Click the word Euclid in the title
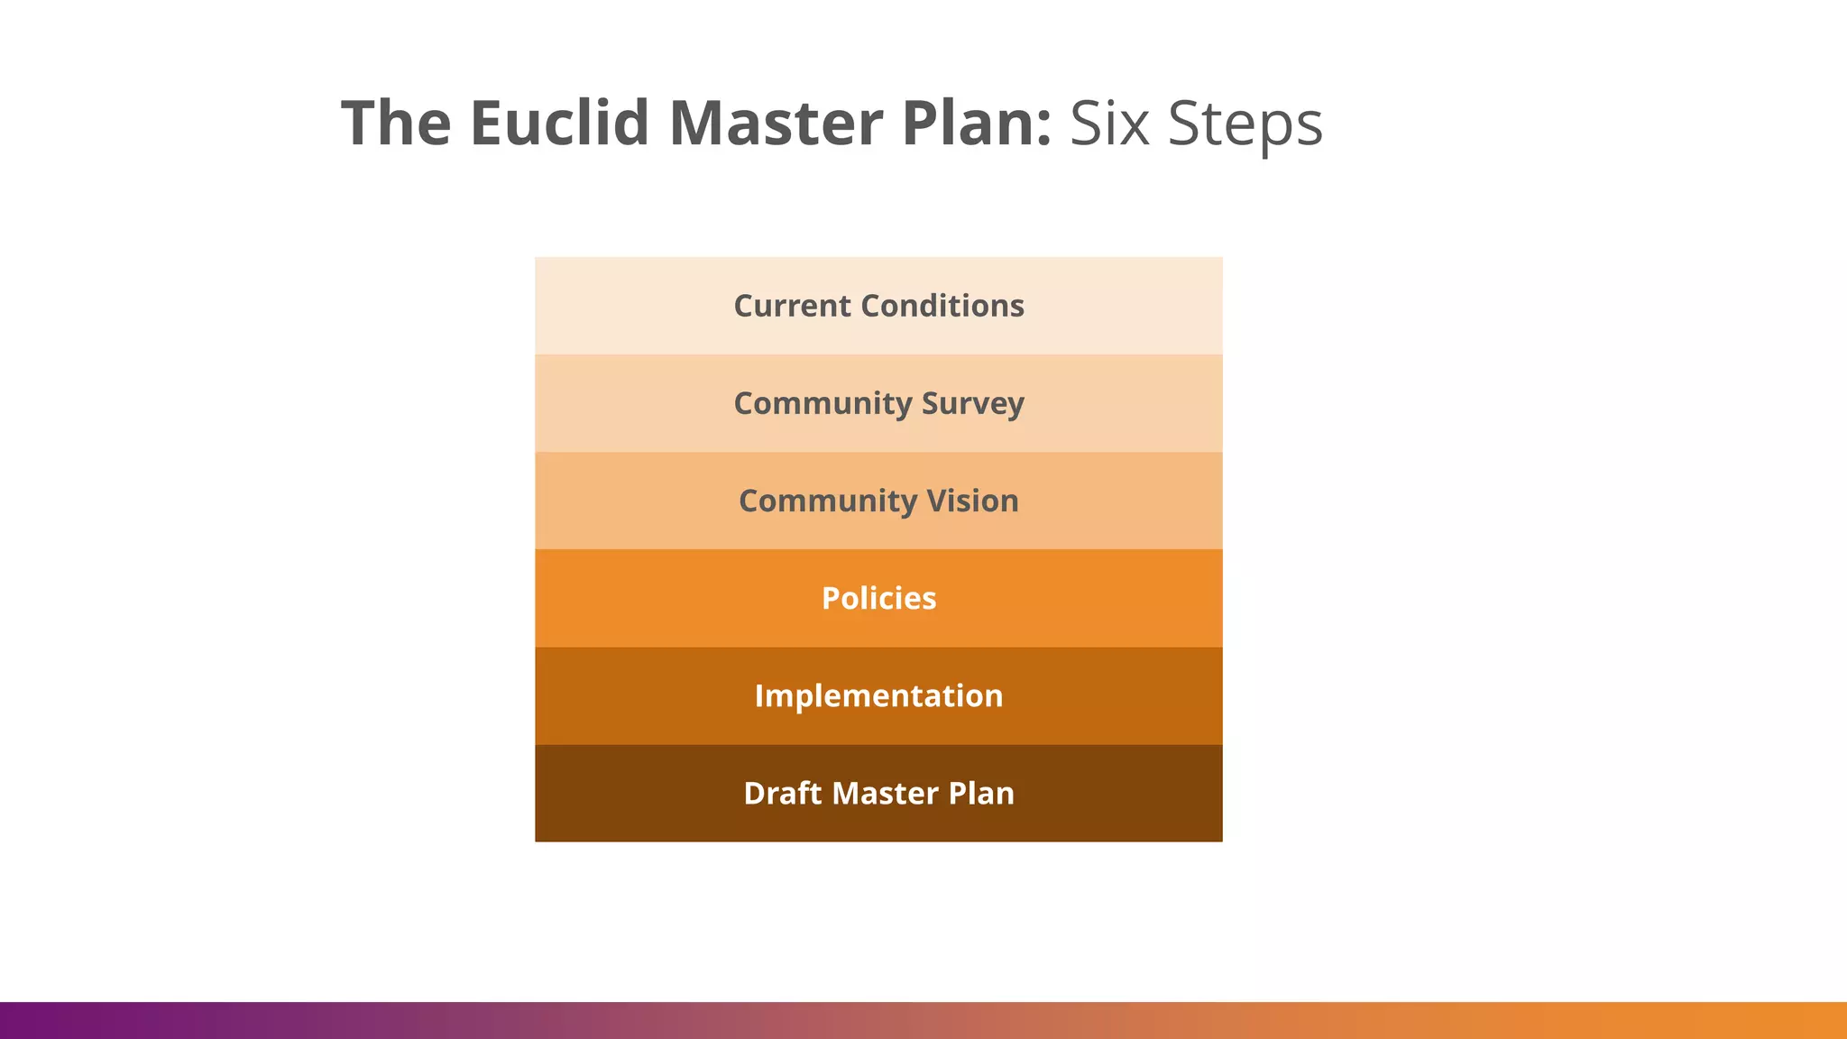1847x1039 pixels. [x=559, y=123]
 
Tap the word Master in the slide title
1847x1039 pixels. [x=776, y=123]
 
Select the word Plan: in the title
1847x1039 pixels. [x=976, y=123]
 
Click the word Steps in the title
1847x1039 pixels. [x=1245, y=124]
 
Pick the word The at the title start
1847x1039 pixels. [x=396, y=123]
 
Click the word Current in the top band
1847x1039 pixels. [x=792, y=306]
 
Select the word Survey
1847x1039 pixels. [x=972, y=403]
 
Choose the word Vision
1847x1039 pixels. [x=972, y=501]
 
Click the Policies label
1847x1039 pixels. [x=878, y=598]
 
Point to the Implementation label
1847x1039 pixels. [x=878, y=695]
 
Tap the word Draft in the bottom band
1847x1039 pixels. [x=783, y=793]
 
